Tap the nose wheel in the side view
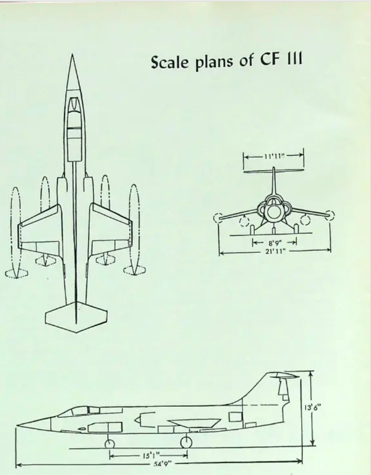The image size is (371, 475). coord(110,444)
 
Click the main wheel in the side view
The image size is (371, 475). coord(186,443)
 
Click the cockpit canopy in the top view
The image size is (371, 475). coord(74,111)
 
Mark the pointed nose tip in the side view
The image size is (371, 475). coord(18,426)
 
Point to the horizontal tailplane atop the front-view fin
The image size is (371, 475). coord(274,171)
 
